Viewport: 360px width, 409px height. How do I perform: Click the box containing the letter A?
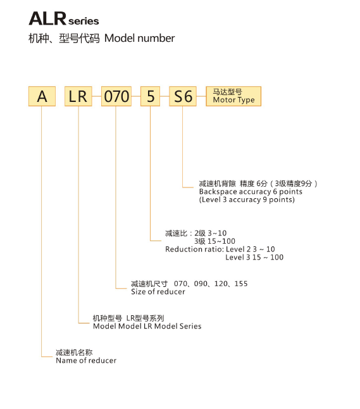(42, 96)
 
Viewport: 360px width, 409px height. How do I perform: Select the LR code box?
(78, 96)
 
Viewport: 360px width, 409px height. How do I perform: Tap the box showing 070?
(116, 96)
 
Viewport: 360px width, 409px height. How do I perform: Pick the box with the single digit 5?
(150, 96)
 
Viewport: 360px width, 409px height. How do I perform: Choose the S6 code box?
(183, 96)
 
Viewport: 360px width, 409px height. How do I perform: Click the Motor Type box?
(233, 96)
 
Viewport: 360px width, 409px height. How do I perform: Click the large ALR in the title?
(47, 19)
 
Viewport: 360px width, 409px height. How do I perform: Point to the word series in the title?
(84, 21)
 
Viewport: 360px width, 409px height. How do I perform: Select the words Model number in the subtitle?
(139, 39)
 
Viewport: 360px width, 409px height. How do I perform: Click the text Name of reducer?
(86, 360)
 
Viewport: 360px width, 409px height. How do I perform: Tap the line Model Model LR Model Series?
(147, 326)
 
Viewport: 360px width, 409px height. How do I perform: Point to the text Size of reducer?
(158, 292)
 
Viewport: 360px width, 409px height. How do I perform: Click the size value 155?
(241, 284)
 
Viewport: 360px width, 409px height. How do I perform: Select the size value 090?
(201, 284)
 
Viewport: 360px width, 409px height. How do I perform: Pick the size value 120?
(221, 284)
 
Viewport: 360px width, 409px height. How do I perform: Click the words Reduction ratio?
(194, 249)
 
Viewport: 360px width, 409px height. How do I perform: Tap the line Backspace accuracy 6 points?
(251, 192)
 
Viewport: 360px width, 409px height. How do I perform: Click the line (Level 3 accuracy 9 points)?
(247, 200)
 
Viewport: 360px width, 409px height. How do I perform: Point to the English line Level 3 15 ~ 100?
(254, 258)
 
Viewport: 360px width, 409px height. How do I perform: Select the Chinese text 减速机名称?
(74, 353)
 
